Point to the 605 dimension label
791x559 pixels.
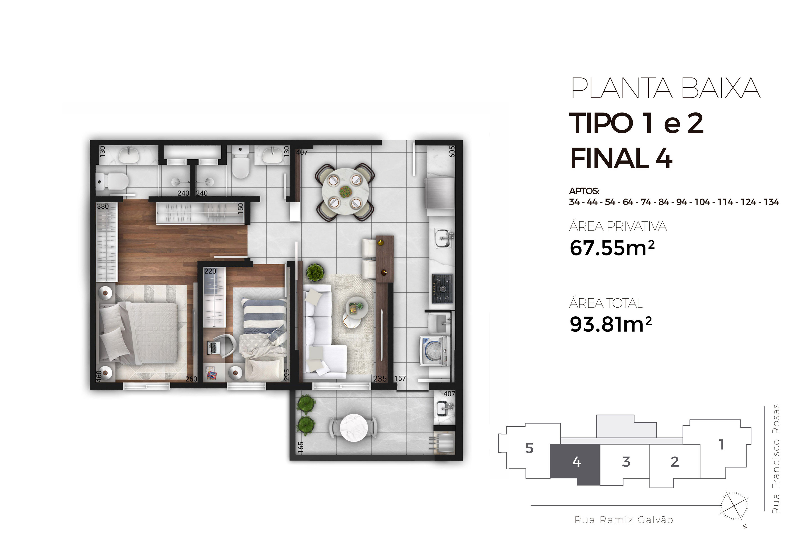(x=452, y=152)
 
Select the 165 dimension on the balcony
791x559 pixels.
(x=300, y=447)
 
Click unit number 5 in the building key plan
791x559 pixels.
(x=529, y=448)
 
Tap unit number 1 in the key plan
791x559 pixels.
(x=721, y=445)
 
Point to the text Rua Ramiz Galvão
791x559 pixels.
(x=624, y=520)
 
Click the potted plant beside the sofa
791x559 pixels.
(x=315, y=272)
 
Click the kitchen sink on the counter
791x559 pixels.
(x=443, y=238)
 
